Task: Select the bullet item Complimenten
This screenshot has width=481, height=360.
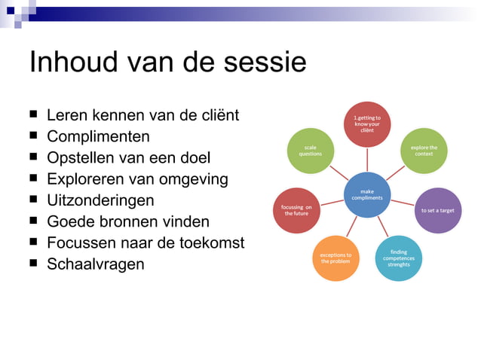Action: point(98,137)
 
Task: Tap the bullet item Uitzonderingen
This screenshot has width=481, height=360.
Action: point(100,201)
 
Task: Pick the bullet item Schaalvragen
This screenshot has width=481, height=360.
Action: point(95,264)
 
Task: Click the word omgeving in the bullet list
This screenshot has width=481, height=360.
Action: point(191,179)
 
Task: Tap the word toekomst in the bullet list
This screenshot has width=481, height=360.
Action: point(213,243)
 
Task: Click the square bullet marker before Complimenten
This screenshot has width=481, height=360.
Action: point(34,137)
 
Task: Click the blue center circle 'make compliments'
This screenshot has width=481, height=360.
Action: point(367,195)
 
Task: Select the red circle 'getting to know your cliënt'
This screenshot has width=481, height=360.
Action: point(367,124)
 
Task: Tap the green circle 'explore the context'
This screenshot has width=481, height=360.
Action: point(424,150)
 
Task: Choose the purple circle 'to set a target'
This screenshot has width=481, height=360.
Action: point(437,210)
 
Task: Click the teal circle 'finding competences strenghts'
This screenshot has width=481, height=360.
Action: point(399,258)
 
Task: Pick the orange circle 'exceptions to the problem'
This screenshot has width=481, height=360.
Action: point(335,258)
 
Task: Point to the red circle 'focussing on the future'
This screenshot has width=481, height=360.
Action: point(296,210)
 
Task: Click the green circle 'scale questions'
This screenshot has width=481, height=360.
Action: point(311,150)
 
